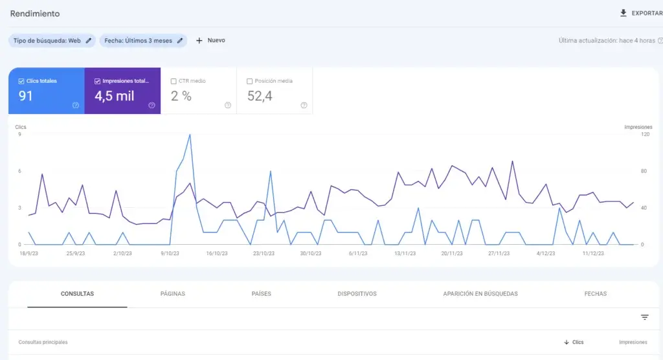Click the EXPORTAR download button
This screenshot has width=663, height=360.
point(641,13)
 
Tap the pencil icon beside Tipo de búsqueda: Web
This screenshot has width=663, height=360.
point(88,41)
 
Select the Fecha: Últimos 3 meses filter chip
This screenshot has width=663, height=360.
point(143,41)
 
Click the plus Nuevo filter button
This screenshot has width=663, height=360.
point(210,41)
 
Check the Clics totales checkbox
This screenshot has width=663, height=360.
point(21,81)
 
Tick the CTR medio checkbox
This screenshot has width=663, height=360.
point(174,81)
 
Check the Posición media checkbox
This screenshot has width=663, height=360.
point(249,81)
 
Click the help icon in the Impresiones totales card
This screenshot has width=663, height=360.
point(152,106)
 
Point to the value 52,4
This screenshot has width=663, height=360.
point(260,96)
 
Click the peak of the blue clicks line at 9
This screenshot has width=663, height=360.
point(190,135)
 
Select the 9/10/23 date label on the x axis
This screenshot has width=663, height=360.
point(170,253)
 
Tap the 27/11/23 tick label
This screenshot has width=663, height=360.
point(499,253)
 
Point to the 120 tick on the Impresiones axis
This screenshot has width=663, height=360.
point(646,135)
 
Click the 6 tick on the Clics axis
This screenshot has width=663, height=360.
point(19,172)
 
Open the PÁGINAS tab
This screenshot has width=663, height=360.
point(172,293)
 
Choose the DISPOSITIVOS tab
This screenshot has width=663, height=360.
point(357,293)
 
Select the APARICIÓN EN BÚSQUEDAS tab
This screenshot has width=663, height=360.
point(480,293)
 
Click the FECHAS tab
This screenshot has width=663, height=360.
point(596,293)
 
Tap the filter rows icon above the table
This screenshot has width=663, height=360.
point(644,317)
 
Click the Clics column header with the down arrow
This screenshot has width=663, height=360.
point(574,343)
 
